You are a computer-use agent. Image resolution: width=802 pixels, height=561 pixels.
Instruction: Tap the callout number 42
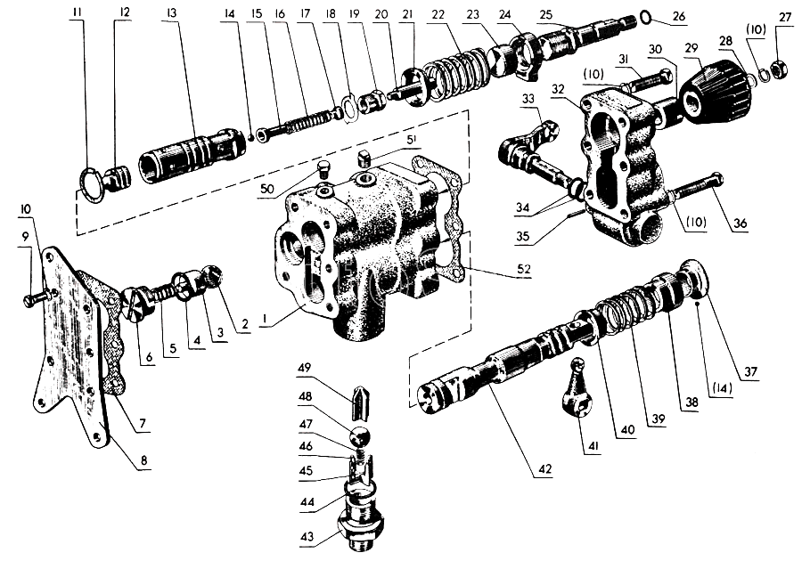point(544,469)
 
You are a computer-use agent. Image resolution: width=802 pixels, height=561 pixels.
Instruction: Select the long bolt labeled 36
point(697,186)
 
